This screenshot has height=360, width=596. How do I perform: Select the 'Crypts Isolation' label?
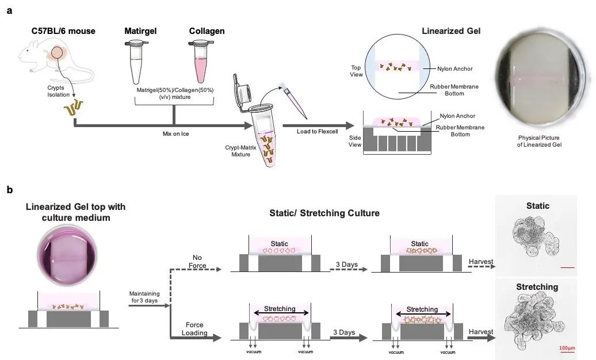(x=56, y=91)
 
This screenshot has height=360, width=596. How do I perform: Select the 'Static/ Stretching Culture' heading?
(x=324, y=213)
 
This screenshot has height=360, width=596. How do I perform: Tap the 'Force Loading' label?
(x=194, y=329)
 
